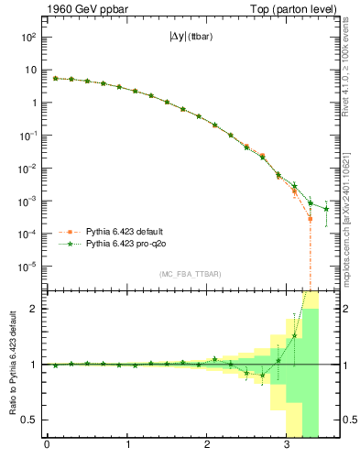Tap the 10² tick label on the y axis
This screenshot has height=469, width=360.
tap(29, 37)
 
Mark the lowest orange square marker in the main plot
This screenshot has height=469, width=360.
tap(311, 220)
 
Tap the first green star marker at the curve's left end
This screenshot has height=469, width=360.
tap(55, 79)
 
